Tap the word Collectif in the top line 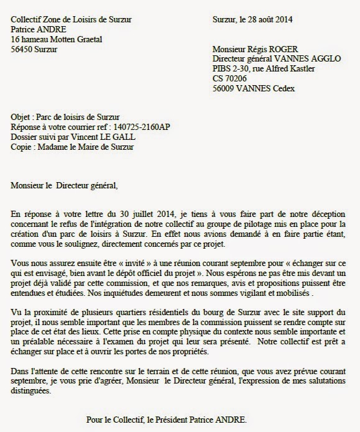pos(28,20)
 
